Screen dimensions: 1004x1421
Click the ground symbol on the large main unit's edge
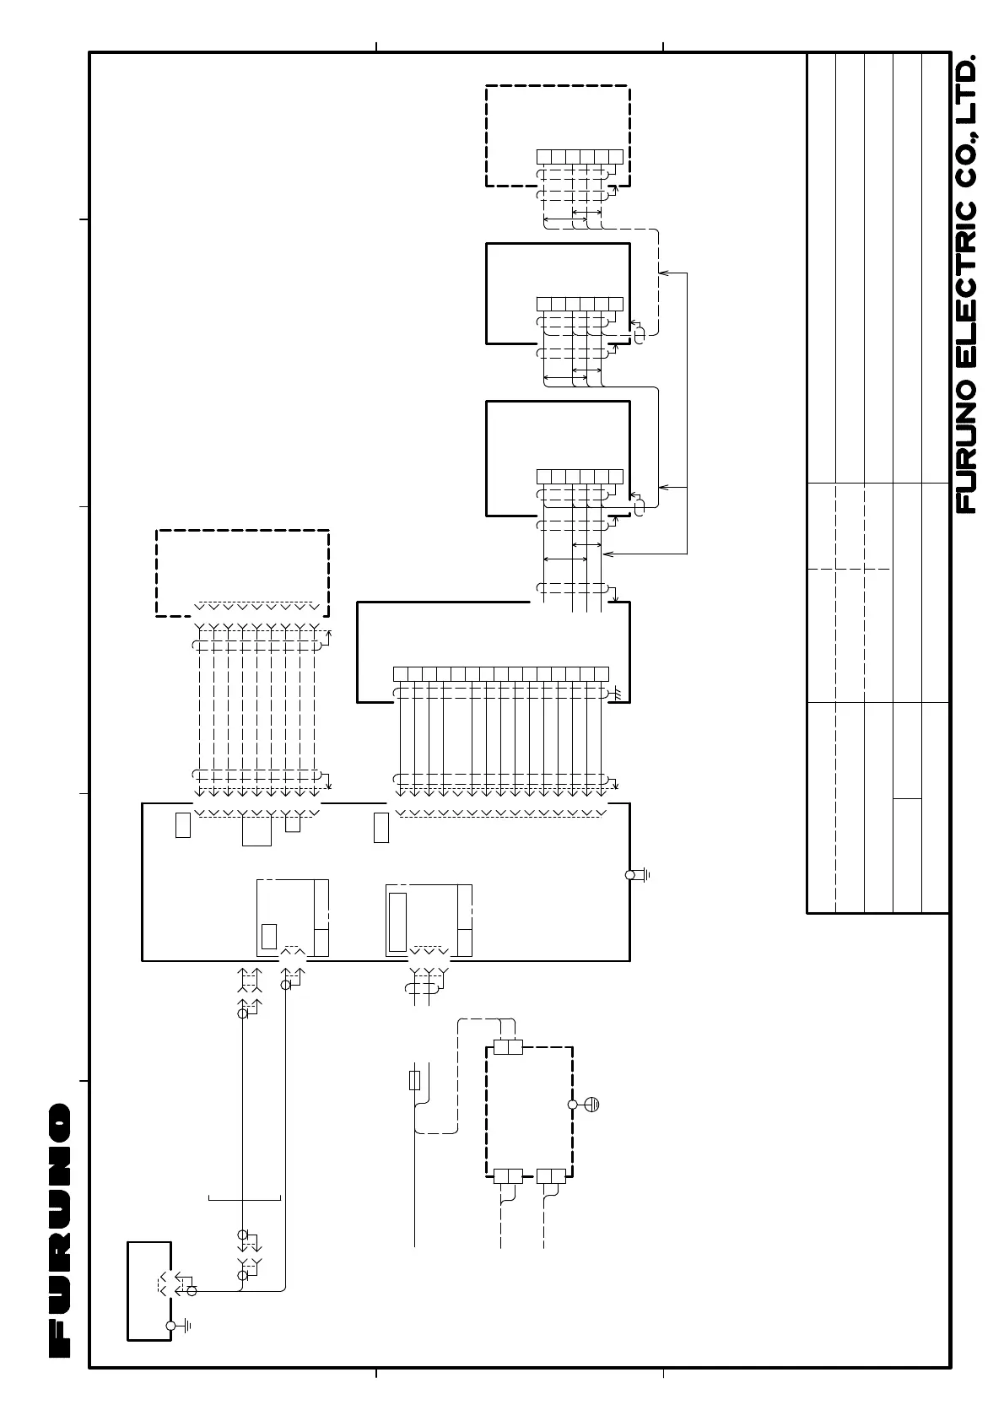tap(638, 875)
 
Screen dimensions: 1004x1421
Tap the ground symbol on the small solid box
tap(179, 1326)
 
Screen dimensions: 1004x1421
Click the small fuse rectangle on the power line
tap(415, 1080)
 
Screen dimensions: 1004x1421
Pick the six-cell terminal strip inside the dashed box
tap(580, 157)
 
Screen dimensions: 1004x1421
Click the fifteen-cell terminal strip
tap(501, 673)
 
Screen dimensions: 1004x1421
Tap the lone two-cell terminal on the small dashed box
tap(508, 1047)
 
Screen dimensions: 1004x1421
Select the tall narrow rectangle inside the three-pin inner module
tap(397, 922)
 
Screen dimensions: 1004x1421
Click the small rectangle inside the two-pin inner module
tap(269, 937)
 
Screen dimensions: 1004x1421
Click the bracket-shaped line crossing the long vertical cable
tap(244, 1198)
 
